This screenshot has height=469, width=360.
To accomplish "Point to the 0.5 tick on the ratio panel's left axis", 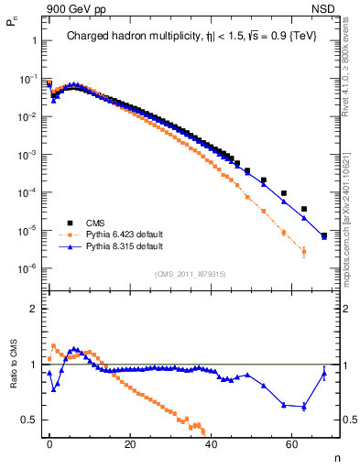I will pos(31,420).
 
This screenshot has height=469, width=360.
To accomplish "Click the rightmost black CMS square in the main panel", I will pos(324,236).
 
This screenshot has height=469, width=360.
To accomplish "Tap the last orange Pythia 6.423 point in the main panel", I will pos(304,251).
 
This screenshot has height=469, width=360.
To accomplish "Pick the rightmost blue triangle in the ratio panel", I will pos(324,373).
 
